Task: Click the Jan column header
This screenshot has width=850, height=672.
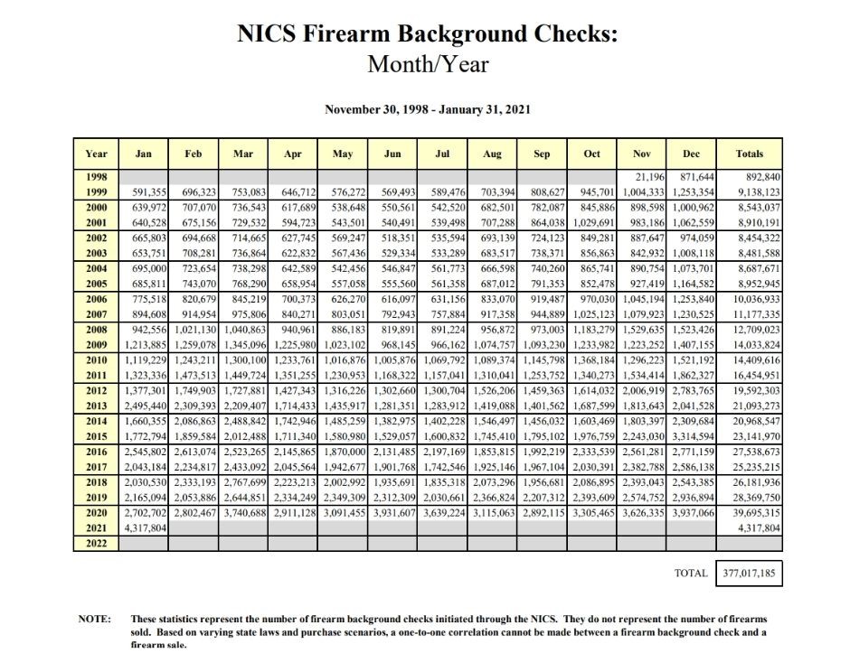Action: coord(143,154)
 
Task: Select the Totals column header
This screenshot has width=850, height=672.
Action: coord(750,154)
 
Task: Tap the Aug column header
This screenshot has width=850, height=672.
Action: coord(492,154)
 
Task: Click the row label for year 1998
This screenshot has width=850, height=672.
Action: coord(96,176)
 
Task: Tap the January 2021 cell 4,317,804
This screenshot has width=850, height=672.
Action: coord(145,527)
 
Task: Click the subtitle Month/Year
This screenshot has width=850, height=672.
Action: coord(427,64)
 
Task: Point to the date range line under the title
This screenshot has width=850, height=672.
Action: coord(427,109)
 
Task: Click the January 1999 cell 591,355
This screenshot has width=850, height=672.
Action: coord(145,192)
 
